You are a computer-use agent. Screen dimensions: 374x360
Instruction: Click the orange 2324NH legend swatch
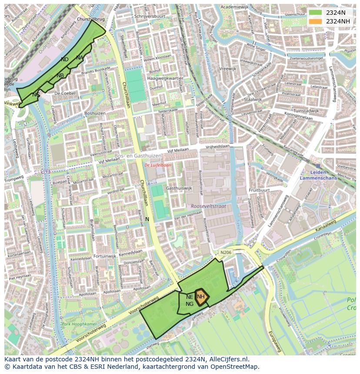(316, 21)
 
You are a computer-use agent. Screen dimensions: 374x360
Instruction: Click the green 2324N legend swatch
(316, 13)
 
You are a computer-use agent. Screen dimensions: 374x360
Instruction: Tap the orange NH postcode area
(201, 297)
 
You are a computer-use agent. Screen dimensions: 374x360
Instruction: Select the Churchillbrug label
(91, 20)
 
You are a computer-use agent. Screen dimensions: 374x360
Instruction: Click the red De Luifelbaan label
(158, 165)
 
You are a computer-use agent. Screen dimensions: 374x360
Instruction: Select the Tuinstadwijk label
(306, 111)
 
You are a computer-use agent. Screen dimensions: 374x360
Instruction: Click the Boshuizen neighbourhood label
(95, 113)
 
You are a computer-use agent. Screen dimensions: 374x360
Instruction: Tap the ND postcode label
(65, 60)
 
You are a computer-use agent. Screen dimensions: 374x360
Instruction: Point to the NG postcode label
(190, 304)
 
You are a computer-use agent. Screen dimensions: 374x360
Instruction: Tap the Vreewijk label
(228, 69)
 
